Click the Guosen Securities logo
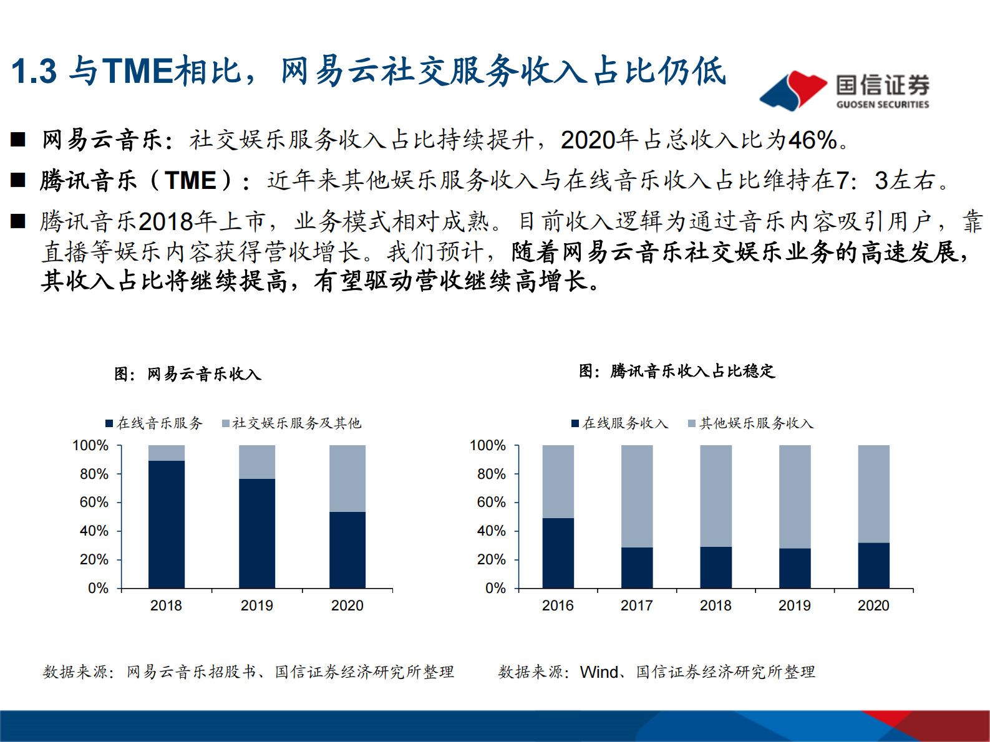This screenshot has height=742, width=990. click(844, 91)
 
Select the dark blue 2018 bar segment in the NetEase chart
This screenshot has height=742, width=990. click(167, 524)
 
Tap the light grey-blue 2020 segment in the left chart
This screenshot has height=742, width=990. click(347, 478)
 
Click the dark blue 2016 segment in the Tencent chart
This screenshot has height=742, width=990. click(558, 552)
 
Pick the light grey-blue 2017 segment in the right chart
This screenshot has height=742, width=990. click(637, 496)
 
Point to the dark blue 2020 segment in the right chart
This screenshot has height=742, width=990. click(873, 565)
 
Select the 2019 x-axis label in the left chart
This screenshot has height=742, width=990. click(256, 605)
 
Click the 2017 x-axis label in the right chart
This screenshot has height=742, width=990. click(636, 605)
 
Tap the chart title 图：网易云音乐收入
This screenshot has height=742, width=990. click(188, 374)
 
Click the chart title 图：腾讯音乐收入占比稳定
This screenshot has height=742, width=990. click(677, 371)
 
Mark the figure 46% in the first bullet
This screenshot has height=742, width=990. click(812, 140)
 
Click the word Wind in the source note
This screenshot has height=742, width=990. click(599, 672)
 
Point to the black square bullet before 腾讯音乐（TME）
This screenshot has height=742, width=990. click(18, 181)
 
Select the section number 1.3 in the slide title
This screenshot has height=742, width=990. click(34, 71)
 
